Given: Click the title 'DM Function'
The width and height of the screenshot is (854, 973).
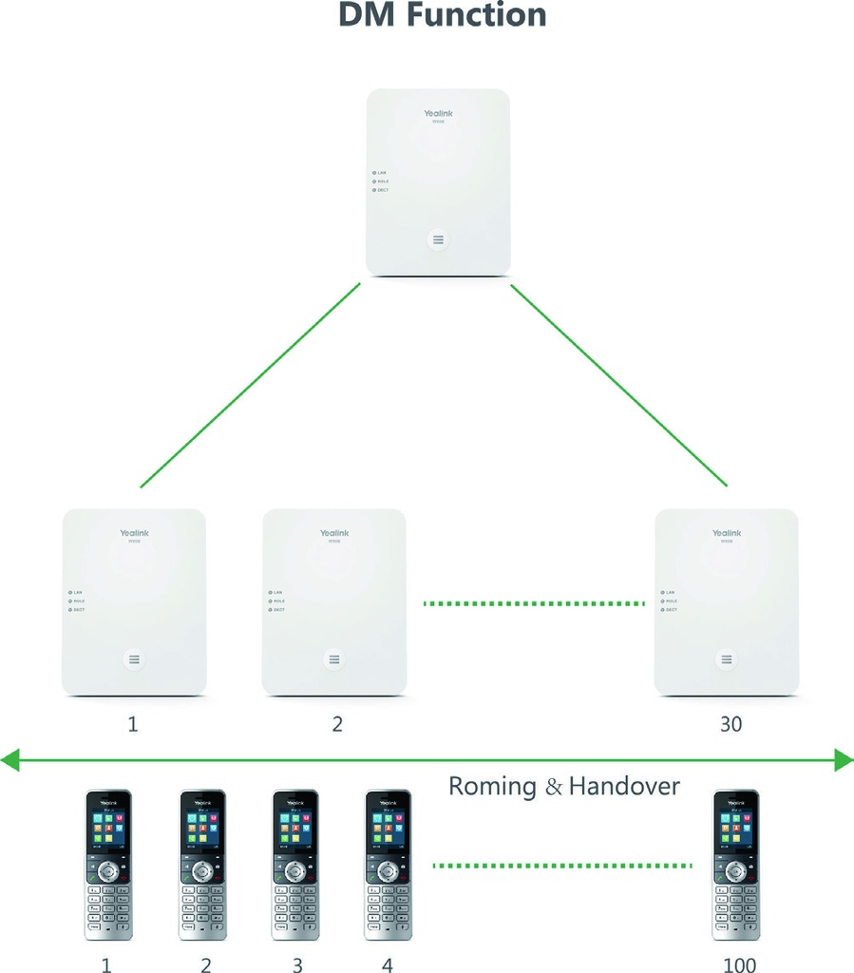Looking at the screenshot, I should pos(443,16).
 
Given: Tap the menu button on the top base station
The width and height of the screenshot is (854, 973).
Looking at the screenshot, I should pos(438,239).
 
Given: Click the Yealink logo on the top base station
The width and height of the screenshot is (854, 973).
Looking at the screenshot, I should pos(439,114).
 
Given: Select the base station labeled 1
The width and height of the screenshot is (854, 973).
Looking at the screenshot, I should pos(134,601).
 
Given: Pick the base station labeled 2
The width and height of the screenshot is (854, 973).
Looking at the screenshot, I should pos(333,601).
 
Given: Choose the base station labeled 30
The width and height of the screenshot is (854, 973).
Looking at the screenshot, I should pos(727,601).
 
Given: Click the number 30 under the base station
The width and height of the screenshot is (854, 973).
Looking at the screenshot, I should pos(730,724).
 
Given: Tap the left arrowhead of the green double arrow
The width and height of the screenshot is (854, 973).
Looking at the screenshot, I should pos(10,759).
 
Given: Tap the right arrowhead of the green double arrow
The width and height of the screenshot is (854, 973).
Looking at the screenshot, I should pos(844,759).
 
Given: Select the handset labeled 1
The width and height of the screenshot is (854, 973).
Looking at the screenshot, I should pos(108,865).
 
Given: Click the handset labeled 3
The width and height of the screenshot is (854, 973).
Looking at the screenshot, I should pos(295,865).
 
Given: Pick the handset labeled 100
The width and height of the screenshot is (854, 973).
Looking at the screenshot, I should pos(736,865).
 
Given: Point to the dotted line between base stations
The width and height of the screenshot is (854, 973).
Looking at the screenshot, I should pos(534,602).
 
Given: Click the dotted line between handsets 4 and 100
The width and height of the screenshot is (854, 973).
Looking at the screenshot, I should pos(562,865).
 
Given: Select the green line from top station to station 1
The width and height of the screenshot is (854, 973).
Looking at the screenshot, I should pos(250,386).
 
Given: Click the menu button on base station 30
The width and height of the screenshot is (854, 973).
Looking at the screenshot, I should pos(727,659).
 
